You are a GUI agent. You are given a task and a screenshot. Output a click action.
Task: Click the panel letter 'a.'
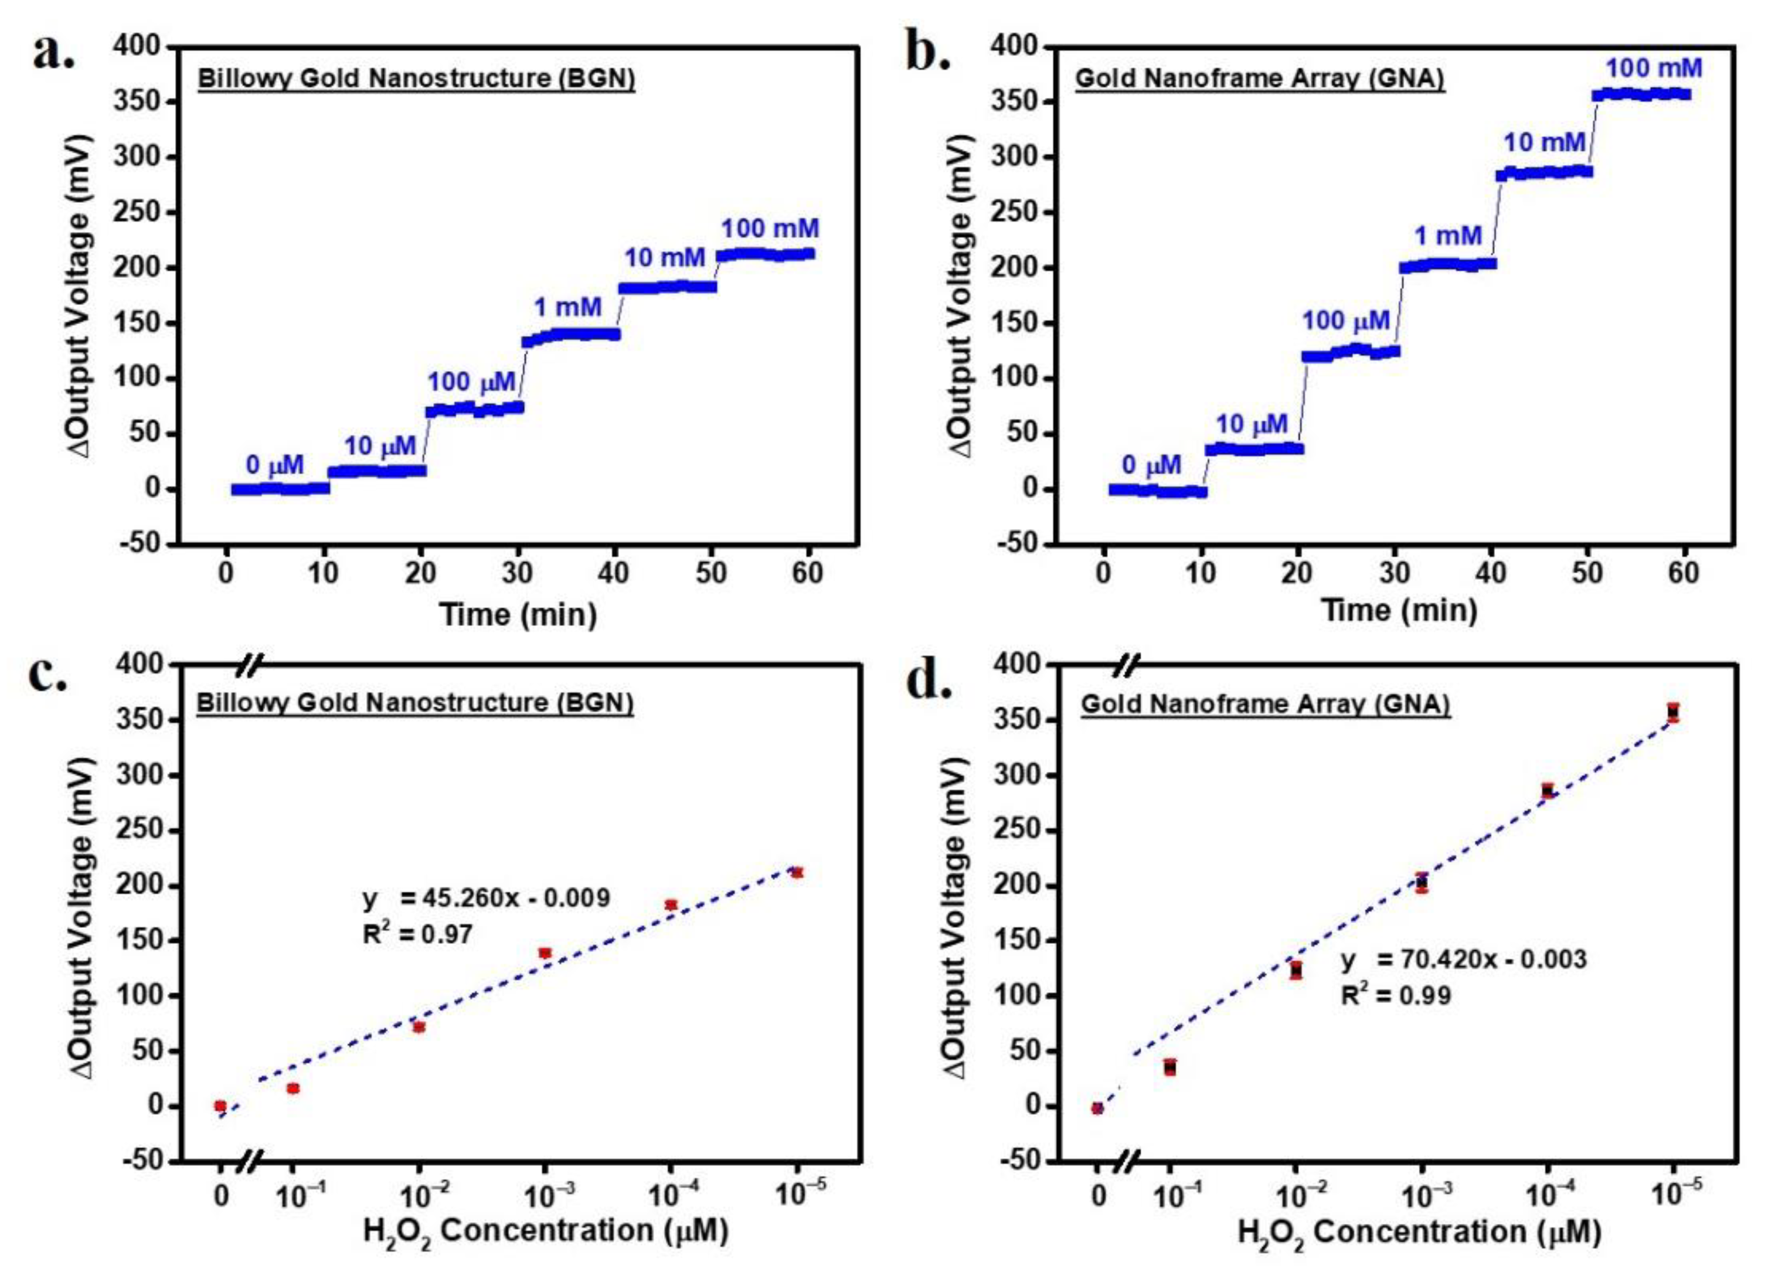53,53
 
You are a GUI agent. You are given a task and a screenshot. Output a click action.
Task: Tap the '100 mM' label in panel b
1654,69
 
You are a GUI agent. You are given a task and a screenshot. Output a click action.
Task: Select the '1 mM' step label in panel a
567,308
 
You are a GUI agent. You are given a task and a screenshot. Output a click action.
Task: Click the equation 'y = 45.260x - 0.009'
486,898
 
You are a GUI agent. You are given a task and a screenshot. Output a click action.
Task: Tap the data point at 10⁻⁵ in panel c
797,872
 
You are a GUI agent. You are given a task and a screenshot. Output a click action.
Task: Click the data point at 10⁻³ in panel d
1422,883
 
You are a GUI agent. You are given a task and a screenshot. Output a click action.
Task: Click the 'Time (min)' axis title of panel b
1399,611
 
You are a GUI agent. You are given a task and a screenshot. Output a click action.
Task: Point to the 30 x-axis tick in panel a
517,574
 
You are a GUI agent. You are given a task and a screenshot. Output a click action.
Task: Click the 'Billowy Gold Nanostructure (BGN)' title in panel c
415,703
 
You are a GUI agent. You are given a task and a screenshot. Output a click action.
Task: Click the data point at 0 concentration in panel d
1097,1108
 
